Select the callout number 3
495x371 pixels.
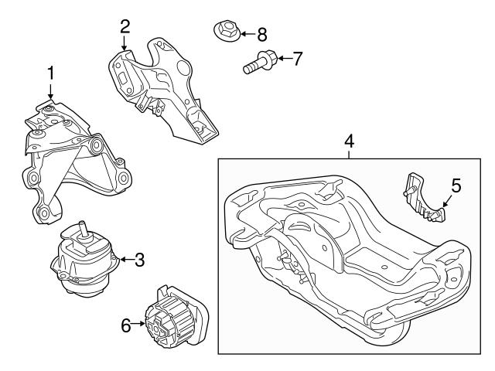(x=139, y=260)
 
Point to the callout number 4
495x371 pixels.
(x=349, y=142)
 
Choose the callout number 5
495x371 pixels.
(x=456, y=185)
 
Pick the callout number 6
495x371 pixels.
(x=126, y=326)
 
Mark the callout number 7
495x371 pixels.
(x=297, y=58)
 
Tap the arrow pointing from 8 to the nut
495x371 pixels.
(x=245, y=34)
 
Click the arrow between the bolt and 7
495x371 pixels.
(x=282, y=58)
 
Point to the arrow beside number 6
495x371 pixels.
(x=139, y=326)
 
